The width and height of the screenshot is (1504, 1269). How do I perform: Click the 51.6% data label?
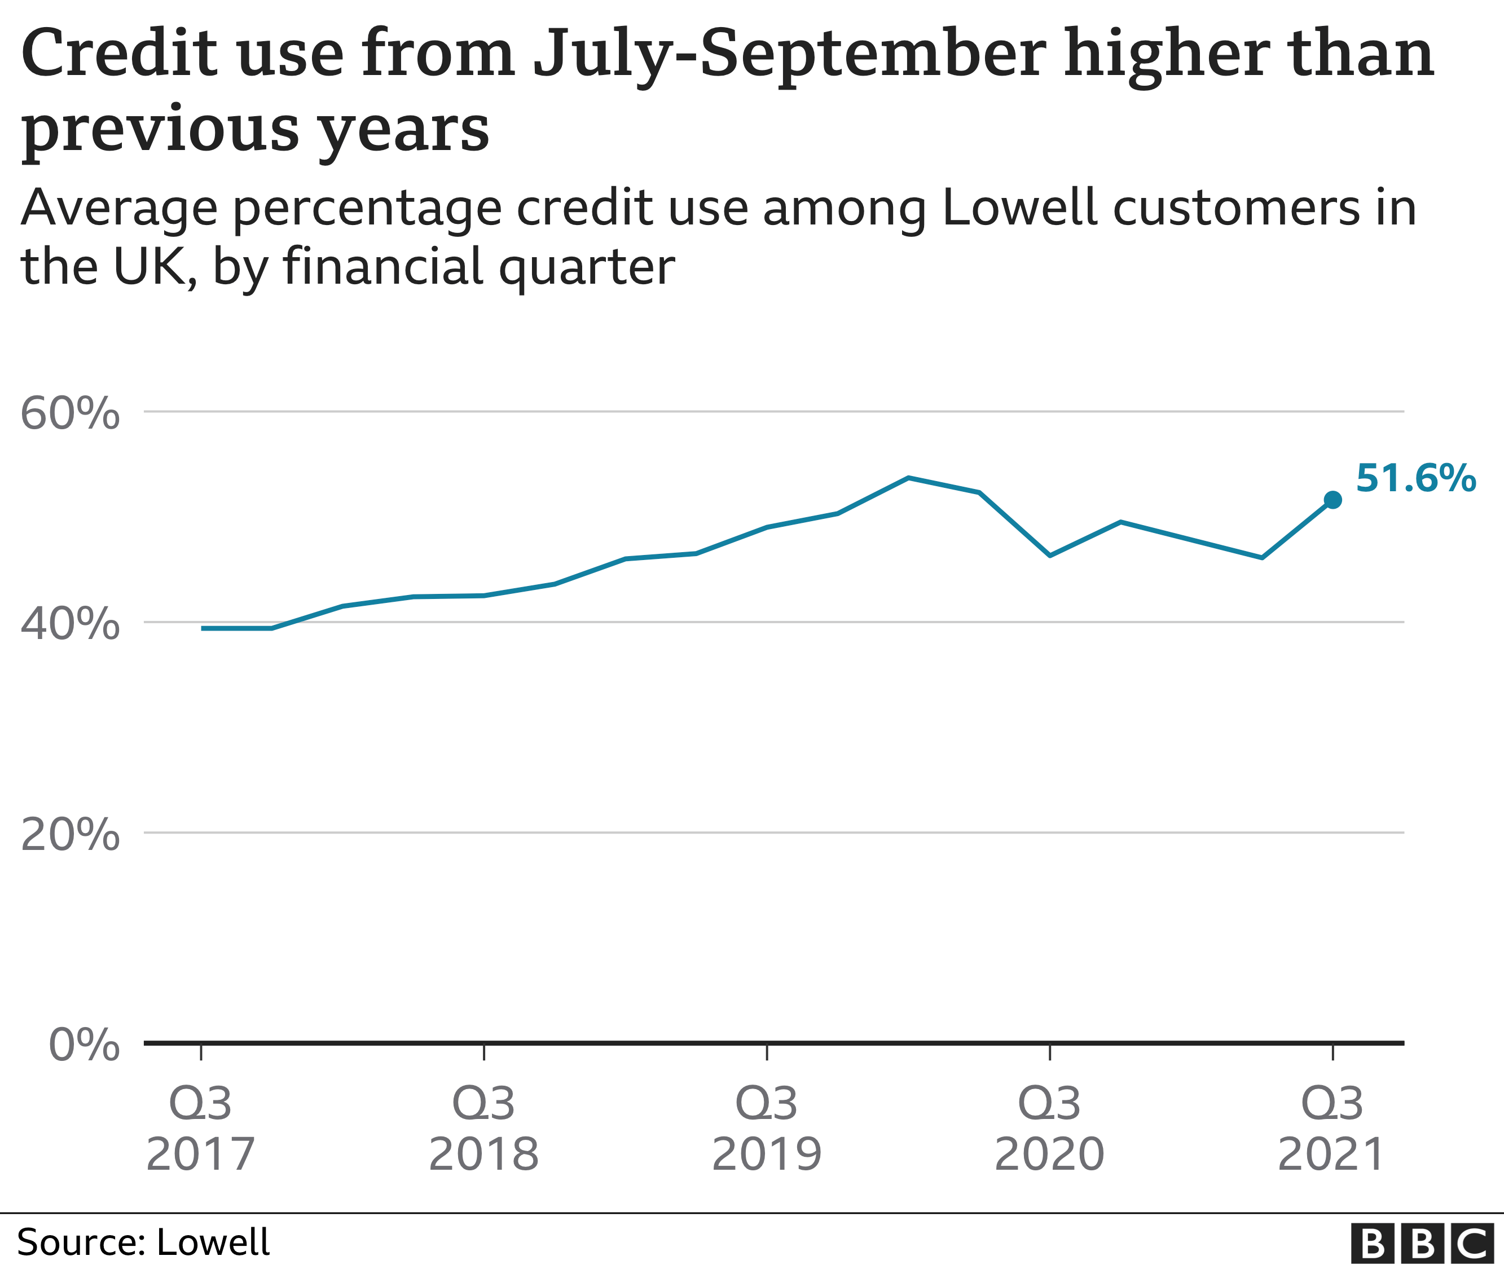coord(1415,478)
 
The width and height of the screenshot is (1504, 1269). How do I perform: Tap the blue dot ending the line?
coord(1333,500)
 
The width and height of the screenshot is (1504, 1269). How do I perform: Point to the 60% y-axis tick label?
coord(70,415)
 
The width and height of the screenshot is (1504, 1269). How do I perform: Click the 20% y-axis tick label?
coord(70,835)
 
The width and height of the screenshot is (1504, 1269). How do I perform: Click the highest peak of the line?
coord(909,478)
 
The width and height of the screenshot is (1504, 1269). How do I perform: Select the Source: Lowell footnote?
coord(143,1242)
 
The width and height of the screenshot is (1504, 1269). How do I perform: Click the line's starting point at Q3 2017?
coord(203,629)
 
